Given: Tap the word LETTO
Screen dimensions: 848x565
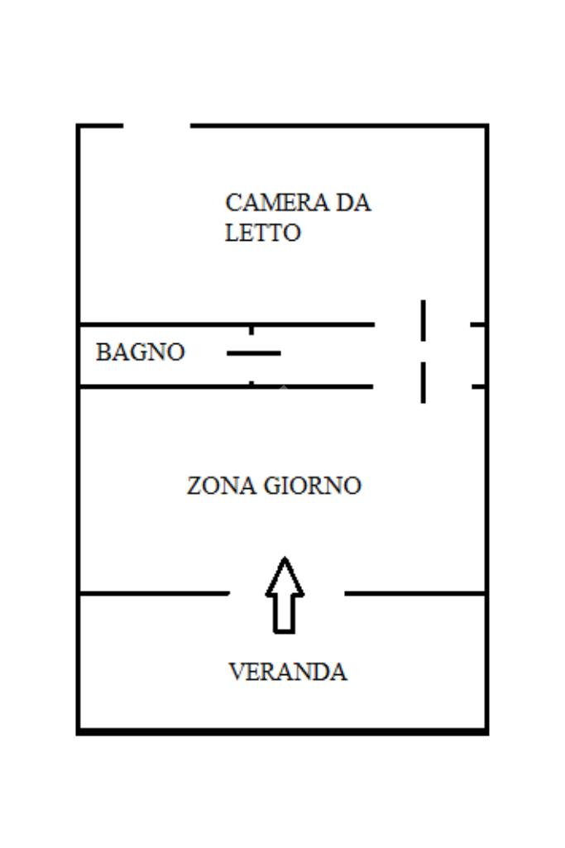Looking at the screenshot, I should [262, 233].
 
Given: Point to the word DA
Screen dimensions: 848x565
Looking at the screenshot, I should [352, 203].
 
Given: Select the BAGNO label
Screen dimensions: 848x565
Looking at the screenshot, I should [140, 352].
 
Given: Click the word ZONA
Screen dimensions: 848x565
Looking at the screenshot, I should [221, 486].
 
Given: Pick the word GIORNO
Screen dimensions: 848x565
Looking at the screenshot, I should [312, 486].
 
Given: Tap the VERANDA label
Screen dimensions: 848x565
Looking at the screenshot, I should [287, 672].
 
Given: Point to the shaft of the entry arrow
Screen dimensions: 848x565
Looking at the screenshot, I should [285, 614].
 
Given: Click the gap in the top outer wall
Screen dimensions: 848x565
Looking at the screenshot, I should [157, 126].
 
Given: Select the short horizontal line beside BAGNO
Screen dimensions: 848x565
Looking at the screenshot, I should [254, 353].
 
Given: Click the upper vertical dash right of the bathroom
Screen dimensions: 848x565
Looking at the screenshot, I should [423, 320].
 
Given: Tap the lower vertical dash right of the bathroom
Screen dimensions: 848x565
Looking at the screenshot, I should [423, 381].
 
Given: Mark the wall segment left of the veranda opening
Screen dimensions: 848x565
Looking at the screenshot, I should [153, 593].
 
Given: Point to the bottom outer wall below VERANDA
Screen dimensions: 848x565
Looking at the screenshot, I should [282, 731].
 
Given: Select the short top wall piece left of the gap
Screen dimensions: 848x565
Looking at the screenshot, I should [100, 126].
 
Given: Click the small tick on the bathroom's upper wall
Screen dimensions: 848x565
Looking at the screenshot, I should [251, 329].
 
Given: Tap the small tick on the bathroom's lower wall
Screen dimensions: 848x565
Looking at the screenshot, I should [251, 382].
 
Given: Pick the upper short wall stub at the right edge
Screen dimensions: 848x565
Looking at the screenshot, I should [478, 324].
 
